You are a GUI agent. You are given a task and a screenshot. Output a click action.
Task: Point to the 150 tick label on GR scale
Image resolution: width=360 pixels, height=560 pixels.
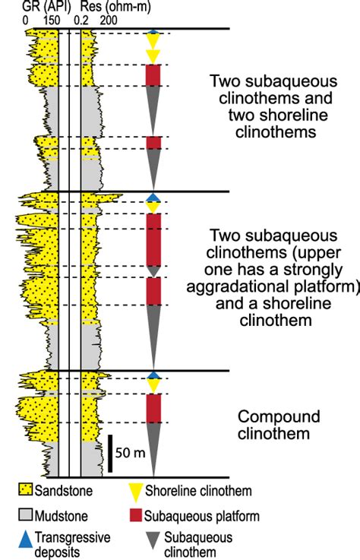53,21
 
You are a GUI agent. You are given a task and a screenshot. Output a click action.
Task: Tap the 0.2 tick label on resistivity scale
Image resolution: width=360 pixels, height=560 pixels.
84,21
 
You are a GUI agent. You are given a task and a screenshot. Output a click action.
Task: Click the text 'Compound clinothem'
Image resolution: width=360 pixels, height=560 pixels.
274,426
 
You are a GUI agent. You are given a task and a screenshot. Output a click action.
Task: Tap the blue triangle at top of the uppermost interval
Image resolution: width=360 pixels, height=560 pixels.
153,33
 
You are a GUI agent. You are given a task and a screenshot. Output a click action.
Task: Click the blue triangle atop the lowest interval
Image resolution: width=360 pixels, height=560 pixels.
153,375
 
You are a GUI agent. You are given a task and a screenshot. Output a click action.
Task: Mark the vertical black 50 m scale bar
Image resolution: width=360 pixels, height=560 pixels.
109,454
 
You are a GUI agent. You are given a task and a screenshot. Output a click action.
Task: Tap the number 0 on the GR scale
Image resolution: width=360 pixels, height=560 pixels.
27,21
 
